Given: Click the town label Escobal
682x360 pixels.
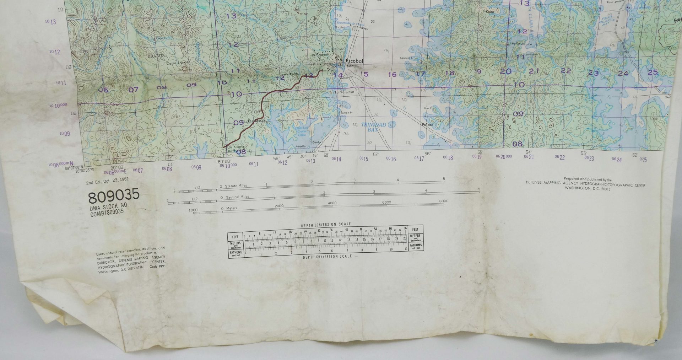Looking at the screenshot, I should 354,61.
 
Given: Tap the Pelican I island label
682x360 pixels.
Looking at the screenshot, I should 427,125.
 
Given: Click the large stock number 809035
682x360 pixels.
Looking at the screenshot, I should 114,196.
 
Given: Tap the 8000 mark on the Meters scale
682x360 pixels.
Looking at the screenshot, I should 444,201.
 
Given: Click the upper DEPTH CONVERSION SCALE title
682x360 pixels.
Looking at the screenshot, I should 326,224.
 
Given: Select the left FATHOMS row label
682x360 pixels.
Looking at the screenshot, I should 236,253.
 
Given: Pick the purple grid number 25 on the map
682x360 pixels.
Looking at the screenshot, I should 653,72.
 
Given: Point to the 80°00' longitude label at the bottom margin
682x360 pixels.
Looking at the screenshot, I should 225,161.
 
